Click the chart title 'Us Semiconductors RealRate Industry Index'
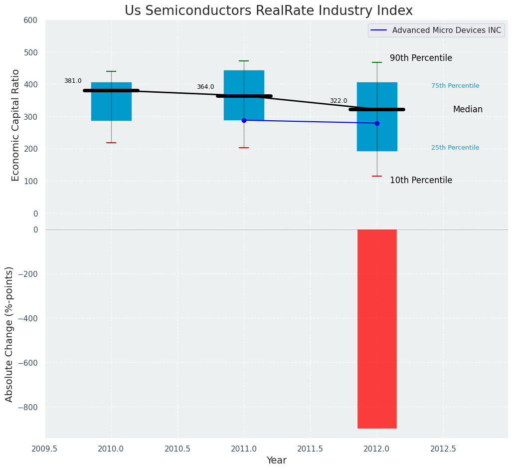pos(268,11)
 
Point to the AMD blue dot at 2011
pos(244,120)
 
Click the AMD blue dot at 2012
pos(377,123)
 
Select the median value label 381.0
pos(73,81)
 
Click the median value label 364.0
pos(205,87)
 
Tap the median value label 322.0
pos(339,101)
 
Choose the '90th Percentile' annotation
pos(421,58)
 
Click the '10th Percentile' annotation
pos(421,181)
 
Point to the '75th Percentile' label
pos(455,86)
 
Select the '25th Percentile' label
pos(455,148)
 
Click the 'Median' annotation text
pos(468,110)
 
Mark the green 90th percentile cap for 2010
pos(111,71)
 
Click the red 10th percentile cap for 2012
pos(377,176)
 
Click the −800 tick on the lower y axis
pos(28,407)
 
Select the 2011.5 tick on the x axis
pos(310,449)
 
